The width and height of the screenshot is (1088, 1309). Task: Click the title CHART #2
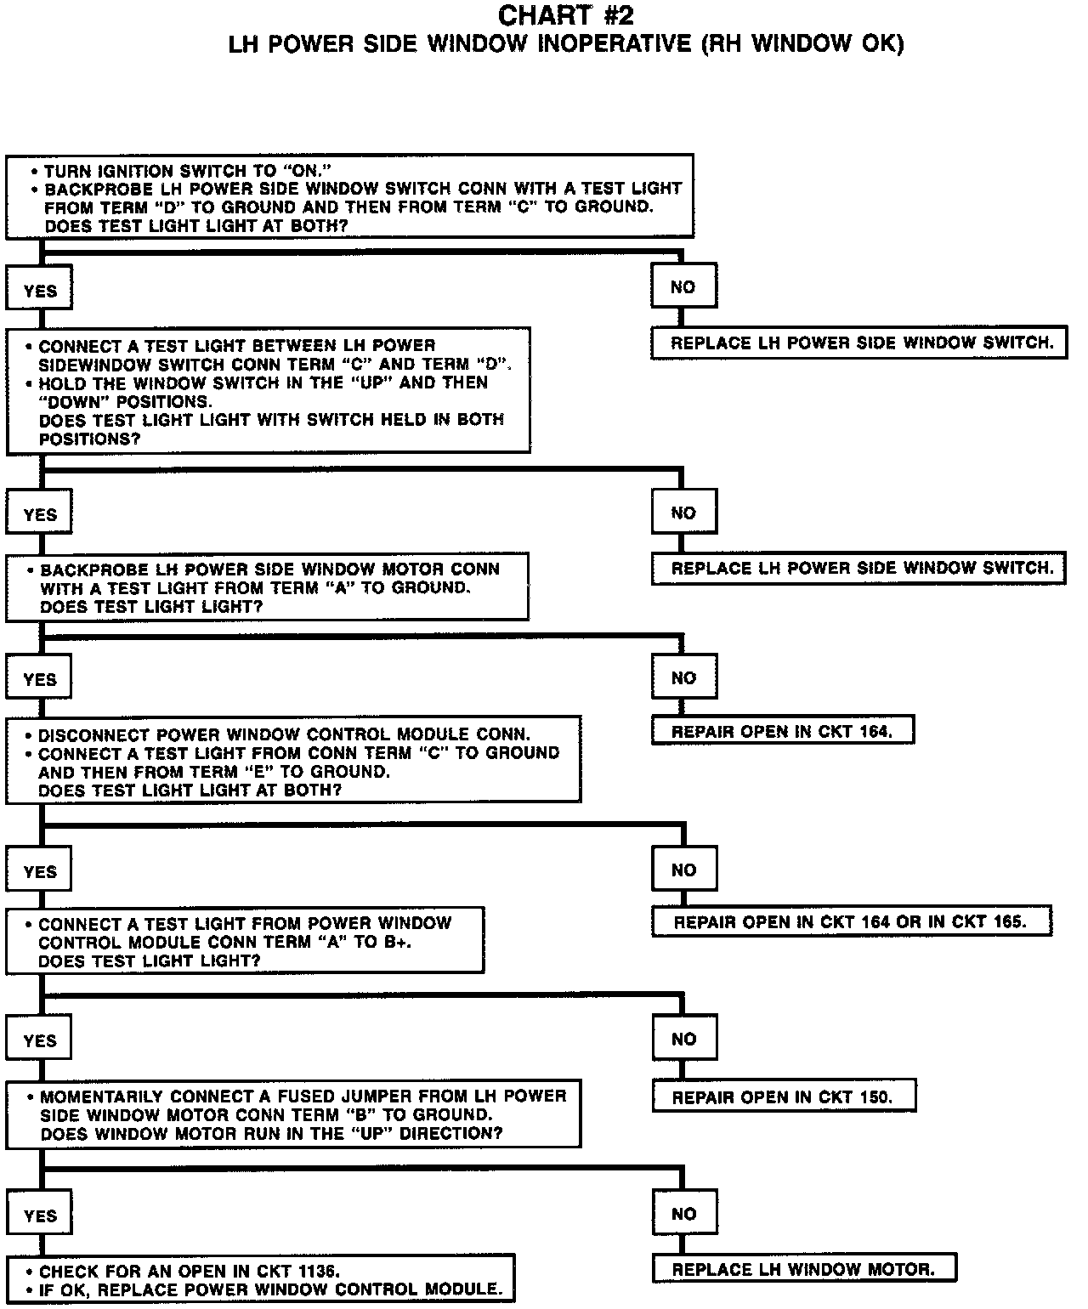(x=565, y=15)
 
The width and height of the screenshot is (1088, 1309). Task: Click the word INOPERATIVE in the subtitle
(x=614, y=44)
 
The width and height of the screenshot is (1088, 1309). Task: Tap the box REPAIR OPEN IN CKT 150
(x=783, y=1097)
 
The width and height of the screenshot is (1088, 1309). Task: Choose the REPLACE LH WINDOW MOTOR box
(x=803, y=1270)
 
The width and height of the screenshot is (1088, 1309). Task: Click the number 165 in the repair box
(x=1008, y=921)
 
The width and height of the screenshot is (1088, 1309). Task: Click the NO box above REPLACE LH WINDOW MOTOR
(x=684, y=1214)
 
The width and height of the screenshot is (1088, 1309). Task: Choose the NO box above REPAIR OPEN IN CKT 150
(x=684, y=1040)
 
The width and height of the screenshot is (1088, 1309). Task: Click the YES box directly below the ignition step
(x=40, y=291)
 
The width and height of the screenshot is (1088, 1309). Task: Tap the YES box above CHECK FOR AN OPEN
(x=40, y=1215)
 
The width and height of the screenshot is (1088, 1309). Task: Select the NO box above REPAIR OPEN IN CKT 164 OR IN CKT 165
(x=684, y=870)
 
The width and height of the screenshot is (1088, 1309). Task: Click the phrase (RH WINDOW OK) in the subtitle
(x=802, y=44)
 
